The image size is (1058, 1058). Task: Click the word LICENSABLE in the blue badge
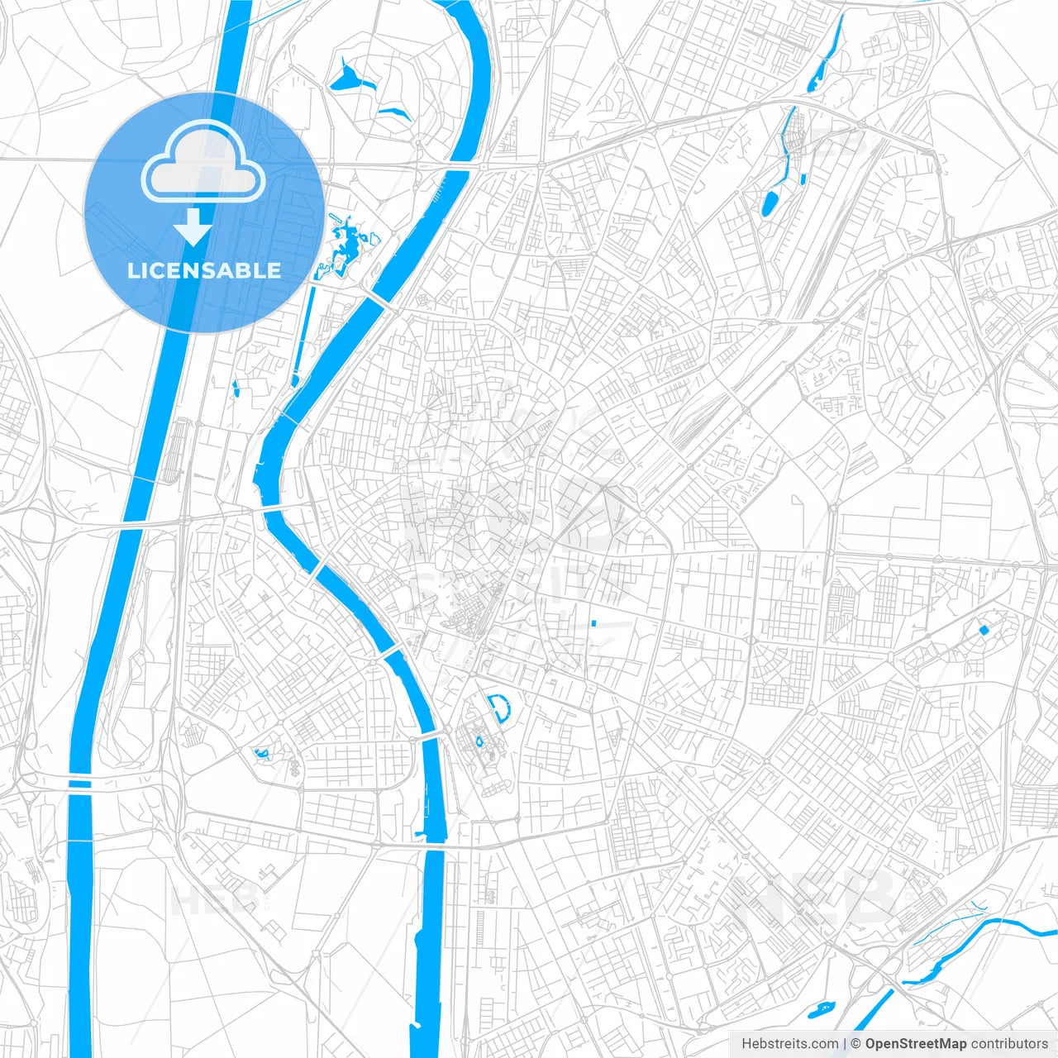(x=204, y=271)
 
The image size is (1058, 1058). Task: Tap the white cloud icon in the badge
(x=203, y=162)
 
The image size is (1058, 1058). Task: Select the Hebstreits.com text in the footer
(x=789, y=1044)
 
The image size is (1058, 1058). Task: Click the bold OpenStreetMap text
(x=915, y=1044)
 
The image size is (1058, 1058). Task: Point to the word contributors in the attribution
(x=1009, y=1044)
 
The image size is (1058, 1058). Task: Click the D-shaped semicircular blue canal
(x=500, y=708)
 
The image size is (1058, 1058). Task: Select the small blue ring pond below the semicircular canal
(x=479, y=741)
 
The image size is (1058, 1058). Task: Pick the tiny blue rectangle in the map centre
(x=593, y=622)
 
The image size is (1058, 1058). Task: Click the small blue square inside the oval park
(x=984, y=630)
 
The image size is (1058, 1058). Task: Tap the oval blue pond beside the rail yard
(x=770, y=203)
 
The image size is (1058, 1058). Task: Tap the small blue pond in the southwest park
(x=262, y=753)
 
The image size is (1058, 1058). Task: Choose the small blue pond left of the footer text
(x=822, y=1009)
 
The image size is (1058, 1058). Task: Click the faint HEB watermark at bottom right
(x=814, y=897)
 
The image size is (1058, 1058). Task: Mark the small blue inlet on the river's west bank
(x=422, y=832)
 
